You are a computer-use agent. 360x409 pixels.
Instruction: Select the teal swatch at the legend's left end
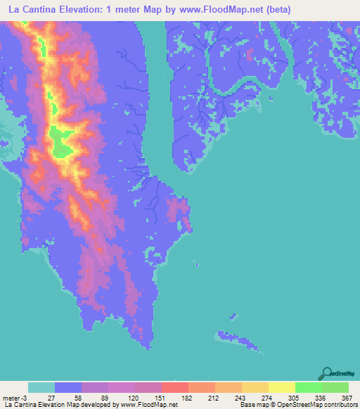coord(41,388)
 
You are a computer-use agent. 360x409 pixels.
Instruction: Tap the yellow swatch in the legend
coord(281,388)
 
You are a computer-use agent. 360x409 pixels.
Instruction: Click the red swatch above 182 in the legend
coord(175,388)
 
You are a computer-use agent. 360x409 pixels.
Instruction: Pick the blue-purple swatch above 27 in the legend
coord(68,388)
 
